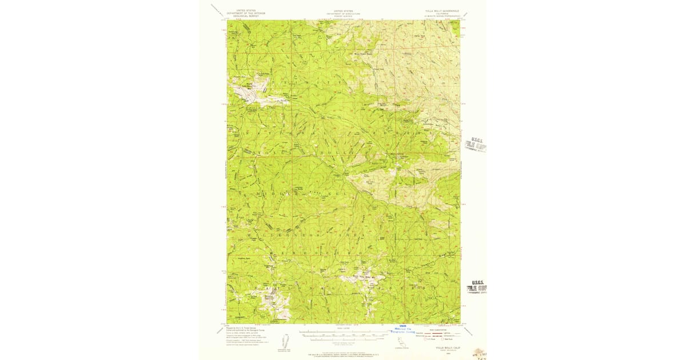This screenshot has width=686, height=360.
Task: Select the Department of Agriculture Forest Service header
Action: pyautogui.click(x=344, y=13)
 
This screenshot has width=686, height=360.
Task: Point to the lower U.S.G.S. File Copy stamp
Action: pyautogui.click(x=476, y=286)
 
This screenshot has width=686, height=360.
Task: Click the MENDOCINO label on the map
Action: pyautogui.click(x=320, y=252)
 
